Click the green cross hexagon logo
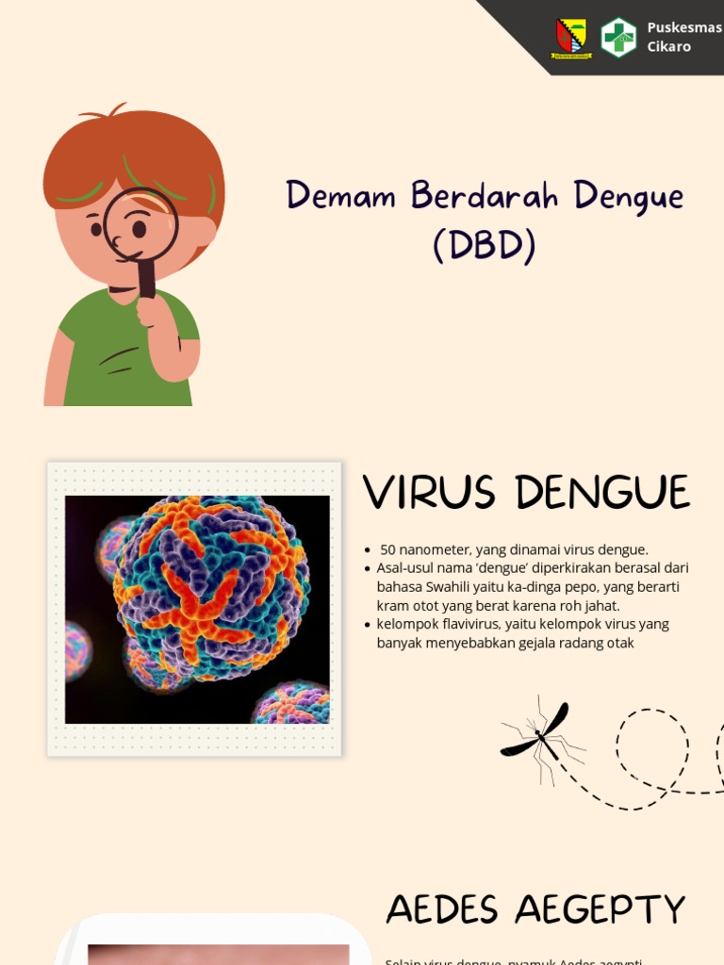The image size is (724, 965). click(x=618, y=38)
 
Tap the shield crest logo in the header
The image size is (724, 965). click(x=570, y=39)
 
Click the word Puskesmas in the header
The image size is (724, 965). click(x=683, y=27)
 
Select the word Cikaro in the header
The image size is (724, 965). click(x=668, y=46)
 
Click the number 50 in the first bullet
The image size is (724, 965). click(x=387, y=549)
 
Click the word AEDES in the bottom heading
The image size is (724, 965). click(x=441, y=910)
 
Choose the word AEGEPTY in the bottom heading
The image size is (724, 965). click(x=601, y=910)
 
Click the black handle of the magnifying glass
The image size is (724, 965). click(x=147, y=279)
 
